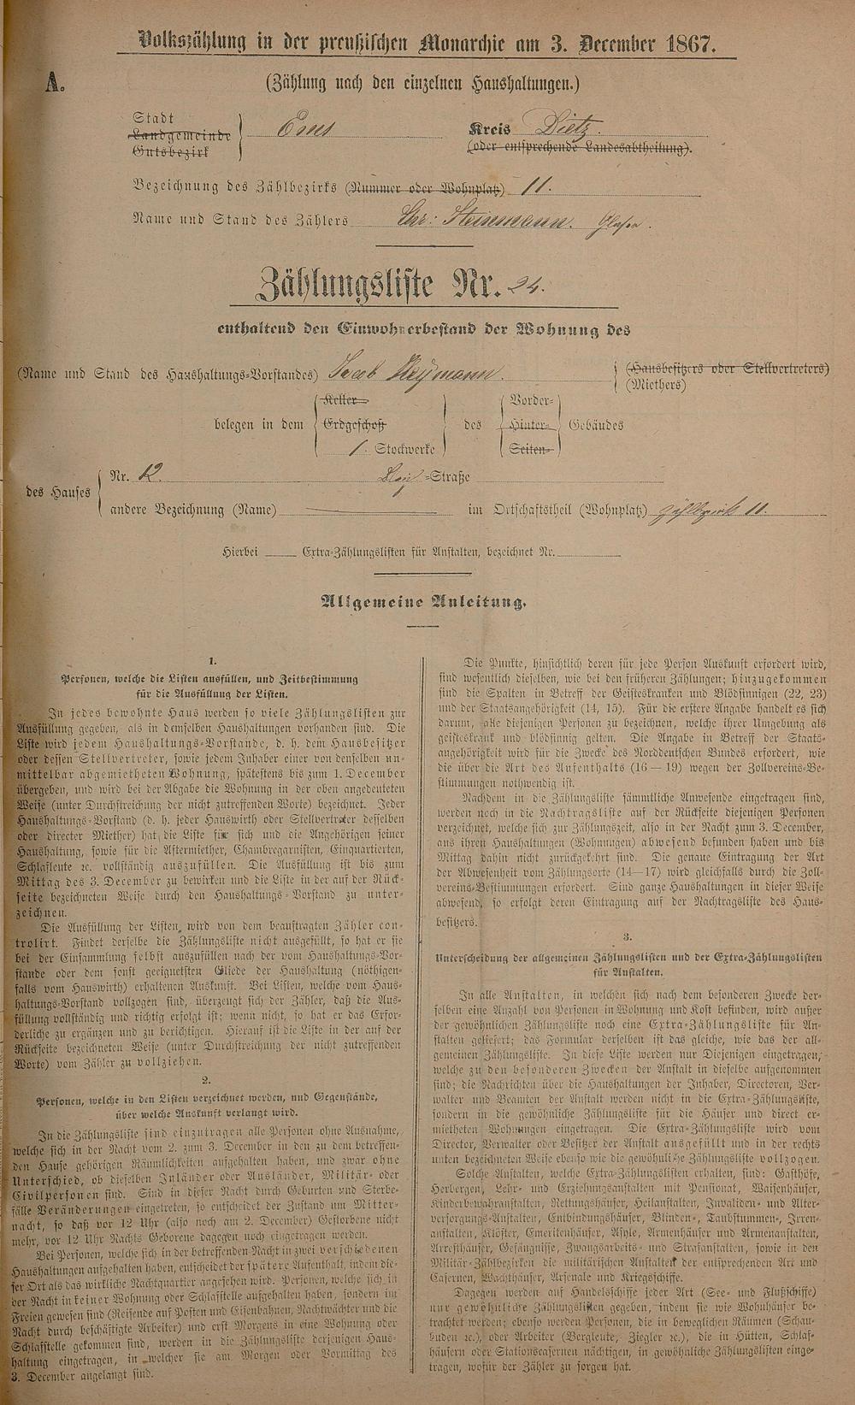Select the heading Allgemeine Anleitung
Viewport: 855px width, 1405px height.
click(x=422, y=601)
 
